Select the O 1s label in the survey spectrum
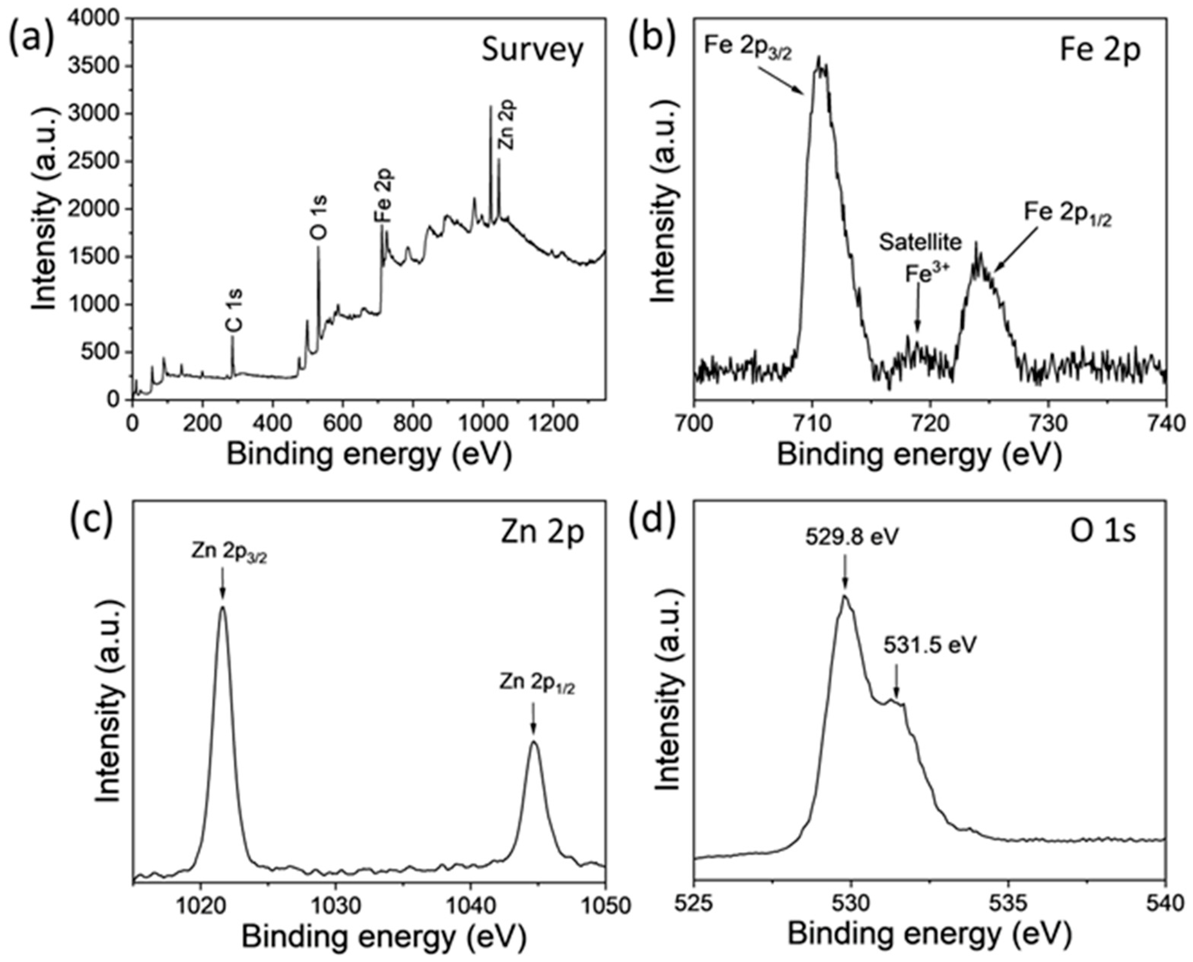pyautogui.click(x=320, y=217)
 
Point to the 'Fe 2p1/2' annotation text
pyautogui.click(x=1067, y=213)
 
